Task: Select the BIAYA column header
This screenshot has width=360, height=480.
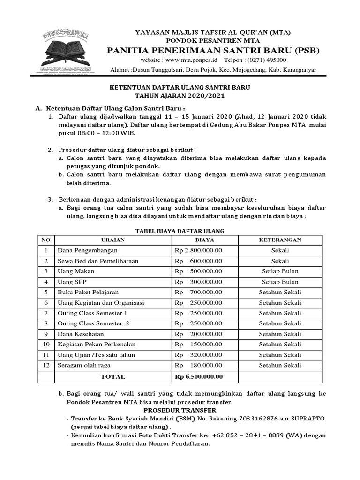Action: (205, 240)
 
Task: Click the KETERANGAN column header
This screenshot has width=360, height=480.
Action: (280, 240)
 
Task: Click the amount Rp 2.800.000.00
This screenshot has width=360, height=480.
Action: (199, 250)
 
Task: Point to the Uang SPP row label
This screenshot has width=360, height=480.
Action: (72, 282)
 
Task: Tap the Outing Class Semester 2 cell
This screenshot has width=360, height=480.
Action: (93, 323)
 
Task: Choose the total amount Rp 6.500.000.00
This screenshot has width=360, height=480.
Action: (199, 376)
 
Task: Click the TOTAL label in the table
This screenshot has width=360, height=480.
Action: (113, 376)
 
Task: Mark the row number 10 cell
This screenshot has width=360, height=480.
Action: (46, 344)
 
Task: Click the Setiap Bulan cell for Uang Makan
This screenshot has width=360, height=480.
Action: (280, 271)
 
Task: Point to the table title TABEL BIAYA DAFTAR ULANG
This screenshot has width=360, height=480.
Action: (180, 231)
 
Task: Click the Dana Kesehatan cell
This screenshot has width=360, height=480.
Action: (81, 334)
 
